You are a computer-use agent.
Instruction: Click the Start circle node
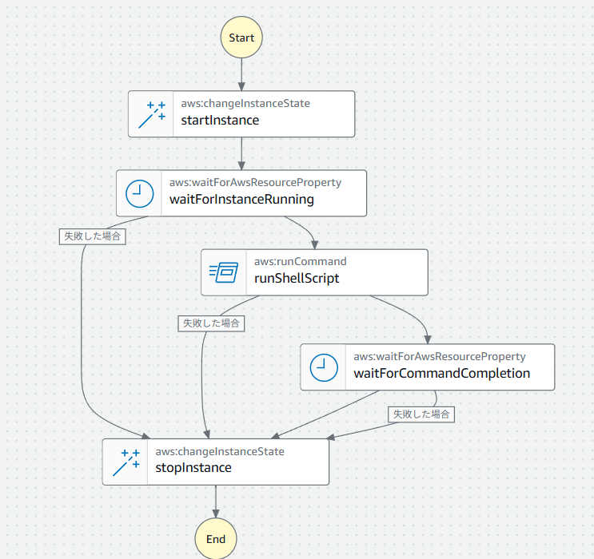pyautogui.click(x=241, y=38)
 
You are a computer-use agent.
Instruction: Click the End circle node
pyautogui.click(x=216, y=538)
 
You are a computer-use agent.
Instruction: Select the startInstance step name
pyautogui.click(x=220, y=121)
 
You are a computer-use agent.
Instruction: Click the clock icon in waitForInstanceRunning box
pyautogui.click(x=139, y=193)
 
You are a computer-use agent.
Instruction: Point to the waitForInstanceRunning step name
pyautogui.click(x=241, y=200)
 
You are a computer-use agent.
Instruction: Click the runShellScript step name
pyautogui.click(x=297, y=279)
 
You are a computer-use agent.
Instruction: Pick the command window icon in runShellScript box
pyautogui.click(x=224, y=272)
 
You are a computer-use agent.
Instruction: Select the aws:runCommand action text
pyautogui.click(x=300, y=261)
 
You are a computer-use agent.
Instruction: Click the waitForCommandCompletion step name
pyautogui.click(x=441, y=373)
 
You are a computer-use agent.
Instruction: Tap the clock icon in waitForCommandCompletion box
pyautogui.click(x=323, y=367)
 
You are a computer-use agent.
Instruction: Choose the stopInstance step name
pyautogui.click(x=193, y=467)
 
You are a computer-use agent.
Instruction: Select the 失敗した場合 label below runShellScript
pyautogui.click(x=211, y=323)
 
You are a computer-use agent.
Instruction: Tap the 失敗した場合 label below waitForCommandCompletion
pyautogui.click(x=421, y=414)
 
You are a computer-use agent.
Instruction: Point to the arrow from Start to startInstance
pyautogui.click(x=241, y=73)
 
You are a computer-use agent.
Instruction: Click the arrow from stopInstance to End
pyautogui.click(x=216, y=501)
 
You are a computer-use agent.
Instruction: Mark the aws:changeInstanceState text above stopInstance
pyautogui.click(x=219, y=451)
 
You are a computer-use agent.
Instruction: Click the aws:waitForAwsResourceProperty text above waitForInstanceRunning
pyautogui.click(x=255, y=182)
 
